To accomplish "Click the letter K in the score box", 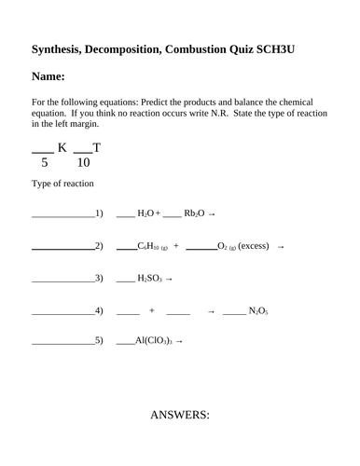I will (x=63, y=146).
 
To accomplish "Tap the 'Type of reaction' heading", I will (x=62, y=184).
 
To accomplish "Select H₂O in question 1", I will (x=148, y=214).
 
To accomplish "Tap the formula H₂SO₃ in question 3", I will (x=150, y=278).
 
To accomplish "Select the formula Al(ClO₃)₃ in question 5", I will (x=154, y=340).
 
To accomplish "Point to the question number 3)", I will (x=99, y=278).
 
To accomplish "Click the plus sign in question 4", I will (x=151, y=309).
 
